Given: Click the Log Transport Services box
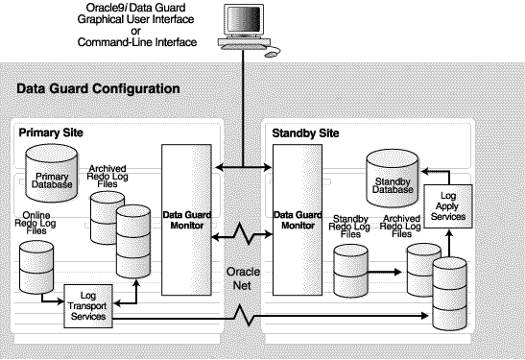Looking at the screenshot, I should pyautogui.click(x=88, y=303).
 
